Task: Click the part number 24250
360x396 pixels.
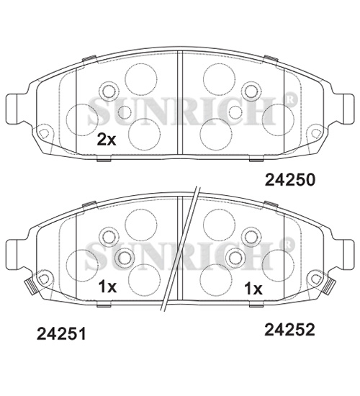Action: (x=290, y=180)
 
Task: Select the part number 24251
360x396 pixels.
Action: (x=61, y=333)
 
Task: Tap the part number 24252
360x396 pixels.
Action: (x=289, y=330)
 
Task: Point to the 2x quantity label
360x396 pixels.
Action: (x=107, y=140)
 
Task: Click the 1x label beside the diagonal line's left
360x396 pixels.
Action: (x=107, y=287)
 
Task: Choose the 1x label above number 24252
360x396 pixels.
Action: (x=253, y=289)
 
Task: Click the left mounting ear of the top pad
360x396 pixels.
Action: (x=12, y=109)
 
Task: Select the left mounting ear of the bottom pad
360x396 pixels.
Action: (x=12, y=254)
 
